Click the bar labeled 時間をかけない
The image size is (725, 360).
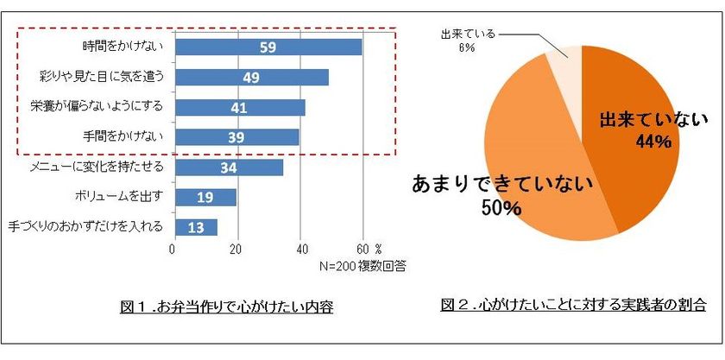[268, 47]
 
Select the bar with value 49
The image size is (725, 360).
[251, 77]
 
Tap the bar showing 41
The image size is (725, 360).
[239, 107]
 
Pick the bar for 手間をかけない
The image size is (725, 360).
[236, 136]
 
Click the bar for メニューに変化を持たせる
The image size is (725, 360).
[228, 167]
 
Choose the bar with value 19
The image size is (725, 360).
[205, 197]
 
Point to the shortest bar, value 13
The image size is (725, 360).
[195, 227]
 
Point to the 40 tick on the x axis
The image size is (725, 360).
[299, 249]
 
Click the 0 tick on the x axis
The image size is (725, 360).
[173, 249]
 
